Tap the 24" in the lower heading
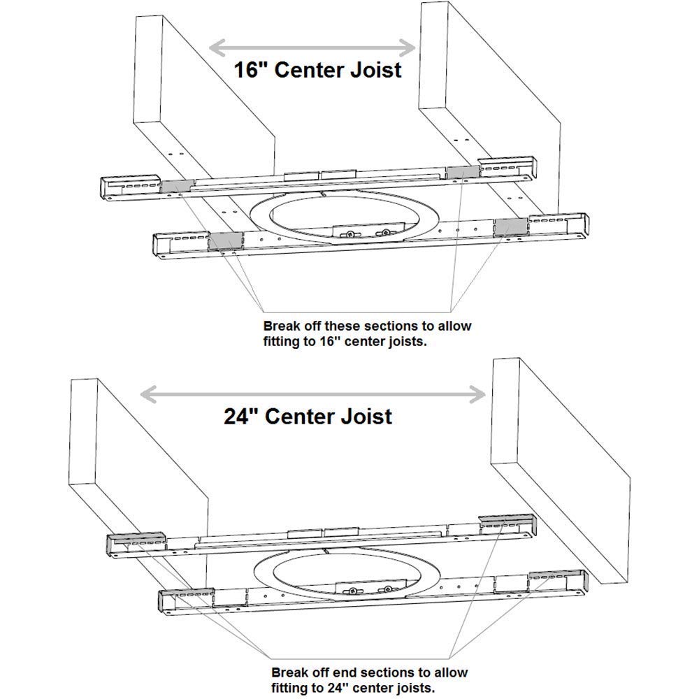[239, 417]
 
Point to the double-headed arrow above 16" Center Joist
[313, 47]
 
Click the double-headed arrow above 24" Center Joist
[313, 395]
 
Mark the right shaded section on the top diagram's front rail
[510, 226]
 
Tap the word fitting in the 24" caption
[290, 687]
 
